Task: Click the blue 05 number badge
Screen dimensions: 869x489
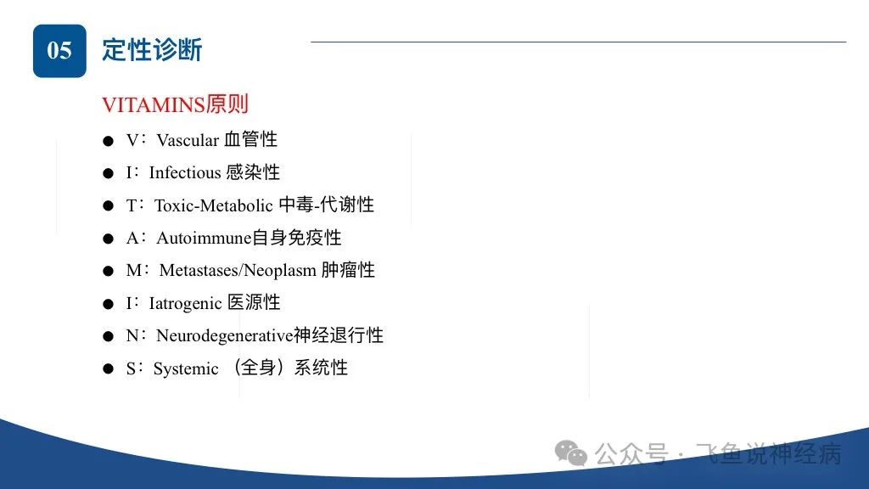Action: pyautogui.click(x=59, y=50)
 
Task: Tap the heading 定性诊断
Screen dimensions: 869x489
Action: pyautogui.click(x=152, y=50)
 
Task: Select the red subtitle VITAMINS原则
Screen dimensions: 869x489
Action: pyautogui.click(x=175, y=104)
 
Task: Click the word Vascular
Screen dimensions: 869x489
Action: pyautogui.click(x=188, y=140)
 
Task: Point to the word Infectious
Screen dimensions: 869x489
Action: pyautogui.click(x=185, y=173)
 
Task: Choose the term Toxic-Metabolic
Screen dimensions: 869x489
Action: pyautogui.click(x=213, y=205)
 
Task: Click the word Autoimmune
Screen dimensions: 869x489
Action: pyautogui.click(x=204, y=238)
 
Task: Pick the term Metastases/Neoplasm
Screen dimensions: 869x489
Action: pyautogui.click(x=238, y=271)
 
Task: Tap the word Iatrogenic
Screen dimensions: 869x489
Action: pyautogui.click(x=185, y=303)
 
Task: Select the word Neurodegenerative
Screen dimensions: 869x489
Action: pyautogui.click(x=224, y=335)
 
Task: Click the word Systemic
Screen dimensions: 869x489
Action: pyautogui.click(x=186, y=368)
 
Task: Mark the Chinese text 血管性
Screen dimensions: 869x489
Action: pyautogui.click(x=250, y=140)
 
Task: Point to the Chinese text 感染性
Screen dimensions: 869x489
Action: pyautogui.click(x=253, y=172)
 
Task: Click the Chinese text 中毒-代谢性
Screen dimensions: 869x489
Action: pyautogui.click(x=327, y=205)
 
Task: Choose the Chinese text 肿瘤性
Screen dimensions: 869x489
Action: pyautogui.click(x=348, y=270)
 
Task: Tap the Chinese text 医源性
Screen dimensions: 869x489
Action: pyautogui.click(x=254, y=303)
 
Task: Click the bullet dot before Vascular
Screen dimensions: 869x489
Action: pyautogui.click(x=108, y=142)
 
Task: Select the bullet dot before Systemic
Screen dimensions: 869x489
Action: pyautogui.click(x=108, y=369)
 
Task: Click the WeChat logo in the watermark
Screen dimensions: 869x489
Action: pyautogui.click(x=571, y=453)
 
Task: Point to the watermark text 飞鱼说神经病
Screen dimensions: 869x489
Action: pyautogui.click(x=769, y=454)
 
